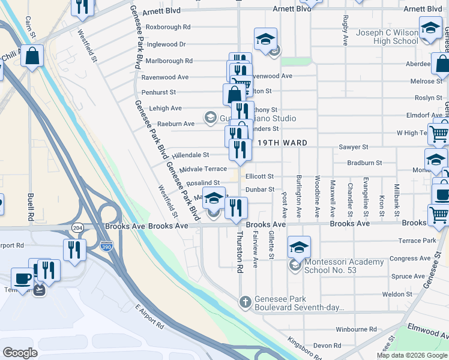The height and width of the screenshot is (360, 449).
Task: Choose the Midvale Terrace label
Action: (203, 169)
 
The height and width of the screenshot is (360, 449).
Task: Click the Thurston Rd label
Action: (240, 253)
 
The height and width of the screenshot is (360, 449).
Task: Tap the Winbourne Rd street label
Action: (356, 329)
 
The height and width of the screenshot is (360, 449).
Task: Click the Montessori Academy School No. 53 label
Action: (344, 266)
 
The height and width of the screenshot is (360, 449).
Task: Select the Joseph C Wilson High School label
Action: (387, 37)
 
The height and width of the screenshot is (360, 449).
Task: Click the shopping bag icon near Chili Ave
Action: (32, 55)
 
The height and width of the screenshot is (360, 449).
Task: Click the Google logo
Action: (20, 352)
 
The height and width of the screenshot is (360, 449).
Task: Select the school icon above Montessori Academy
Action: (299, 247)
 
